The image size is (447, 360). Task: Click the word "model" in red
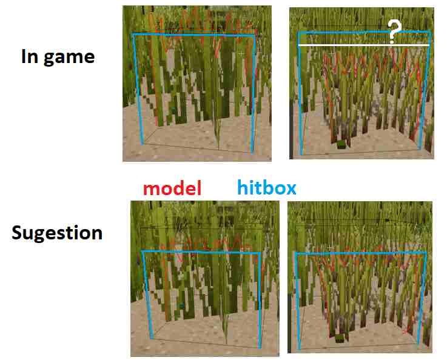pos(172,188)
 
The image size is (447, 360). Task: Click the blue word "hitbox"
pos(267,188)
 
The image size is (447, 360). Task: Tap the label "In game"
pos(58,57)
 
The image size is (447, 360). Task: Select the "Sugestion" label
pos(57,233)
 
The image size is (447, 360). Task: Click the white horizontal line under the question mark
pos(364,45)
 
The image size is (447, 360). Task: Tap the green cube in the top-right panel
pos(341,144)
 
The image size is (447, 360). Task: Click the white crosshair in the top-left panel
pos(241,54)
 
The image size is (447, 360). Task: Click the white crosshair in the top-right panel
pos(331,55)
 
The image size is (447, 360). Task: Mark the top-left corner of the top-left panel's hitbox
pos(133,35)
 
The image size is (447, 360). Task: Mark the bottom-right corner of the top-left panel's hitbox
pos(252,152)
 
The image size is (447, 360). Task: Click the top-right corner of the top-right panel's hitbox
pos(429,30)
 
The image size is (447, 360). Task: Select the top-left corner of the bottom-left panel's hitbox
pos(142,251)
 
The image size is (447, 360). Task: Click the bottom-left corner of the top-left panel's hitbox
pos(143,144)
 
